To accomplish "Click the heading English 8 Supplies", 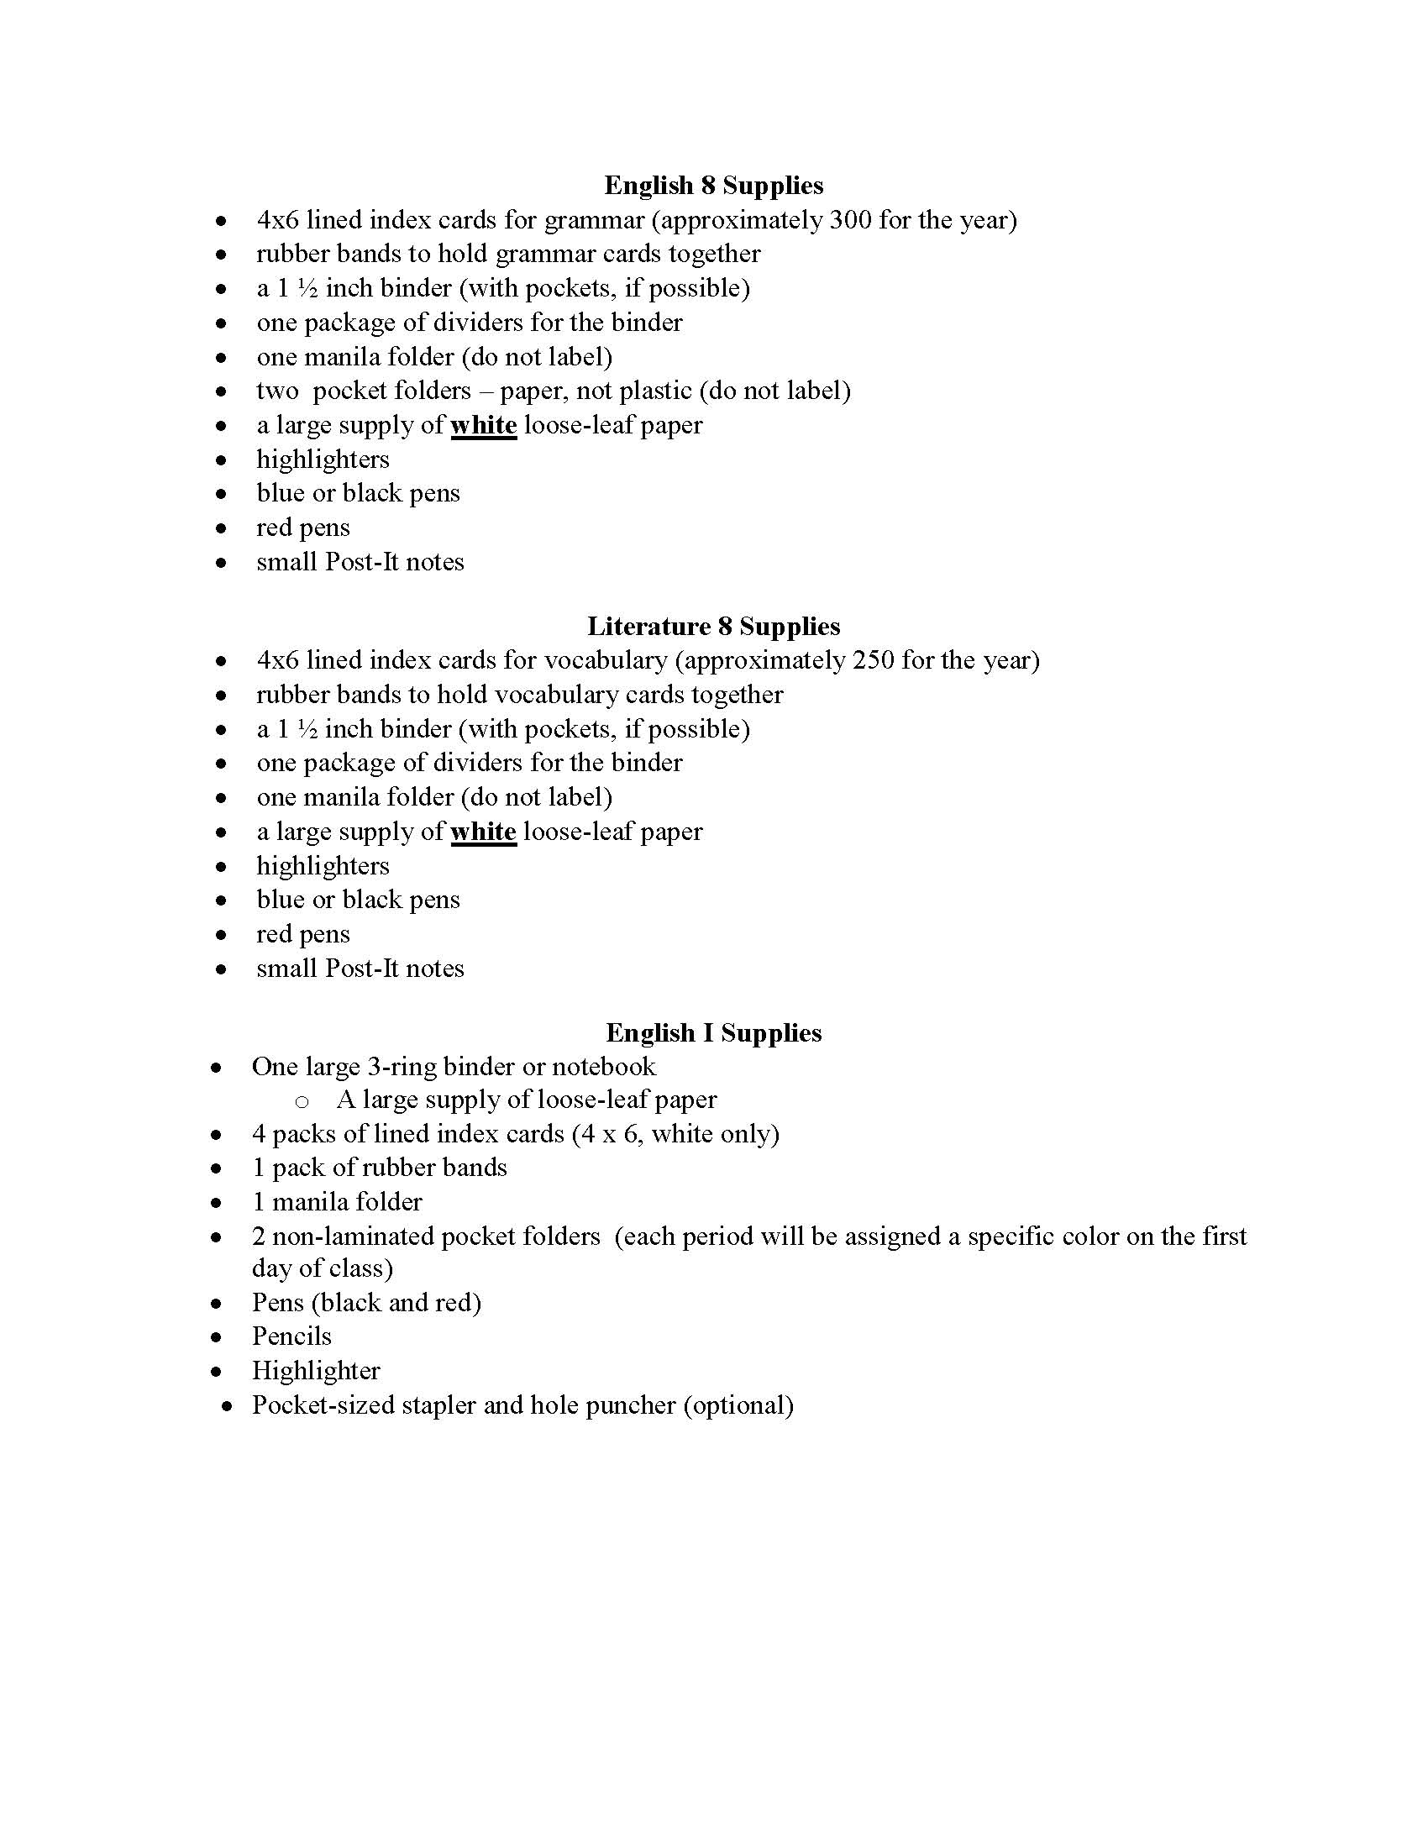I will [x=713, y=186].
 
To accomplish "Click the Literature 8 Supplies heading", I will [x=713, y=626].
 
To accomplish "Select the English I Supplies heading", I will [x=713, y=1032].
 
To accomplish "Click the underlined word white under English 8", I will [x=483, y=425].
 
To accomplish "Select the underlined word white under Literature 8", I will [x=483, y=832].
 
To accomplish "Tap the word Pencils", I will [x=291, y=1336].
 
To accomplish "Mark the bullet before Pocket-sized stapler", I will [x=226, y=1406].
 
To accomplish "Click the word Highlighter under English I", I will [x=317, y=1371].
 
